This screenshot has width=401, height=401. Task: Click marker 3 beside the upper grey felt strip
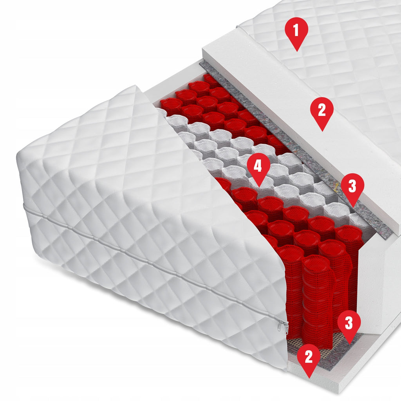[x=352, y=188]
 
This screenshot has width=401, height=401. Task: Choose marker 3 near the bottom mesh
[x=349, y=325]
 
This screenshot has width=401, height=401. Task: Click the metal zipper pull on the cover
[x=283, y=327]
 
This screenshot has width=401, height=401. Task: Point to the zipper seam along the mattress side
[x=154, y=264]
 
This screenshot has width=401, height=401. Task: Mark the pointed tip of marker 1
[x=297, y=51]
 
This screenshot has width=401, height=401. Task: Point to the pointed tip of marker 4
[x=259, y=187]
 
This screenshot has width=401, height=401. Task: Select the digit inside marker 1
[x=296, y=30]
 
